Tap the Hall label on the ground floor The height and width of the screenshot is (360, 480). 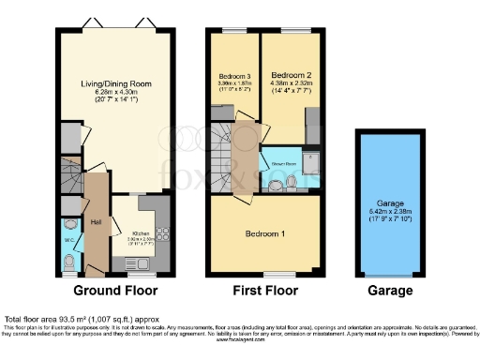[96, 221]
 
